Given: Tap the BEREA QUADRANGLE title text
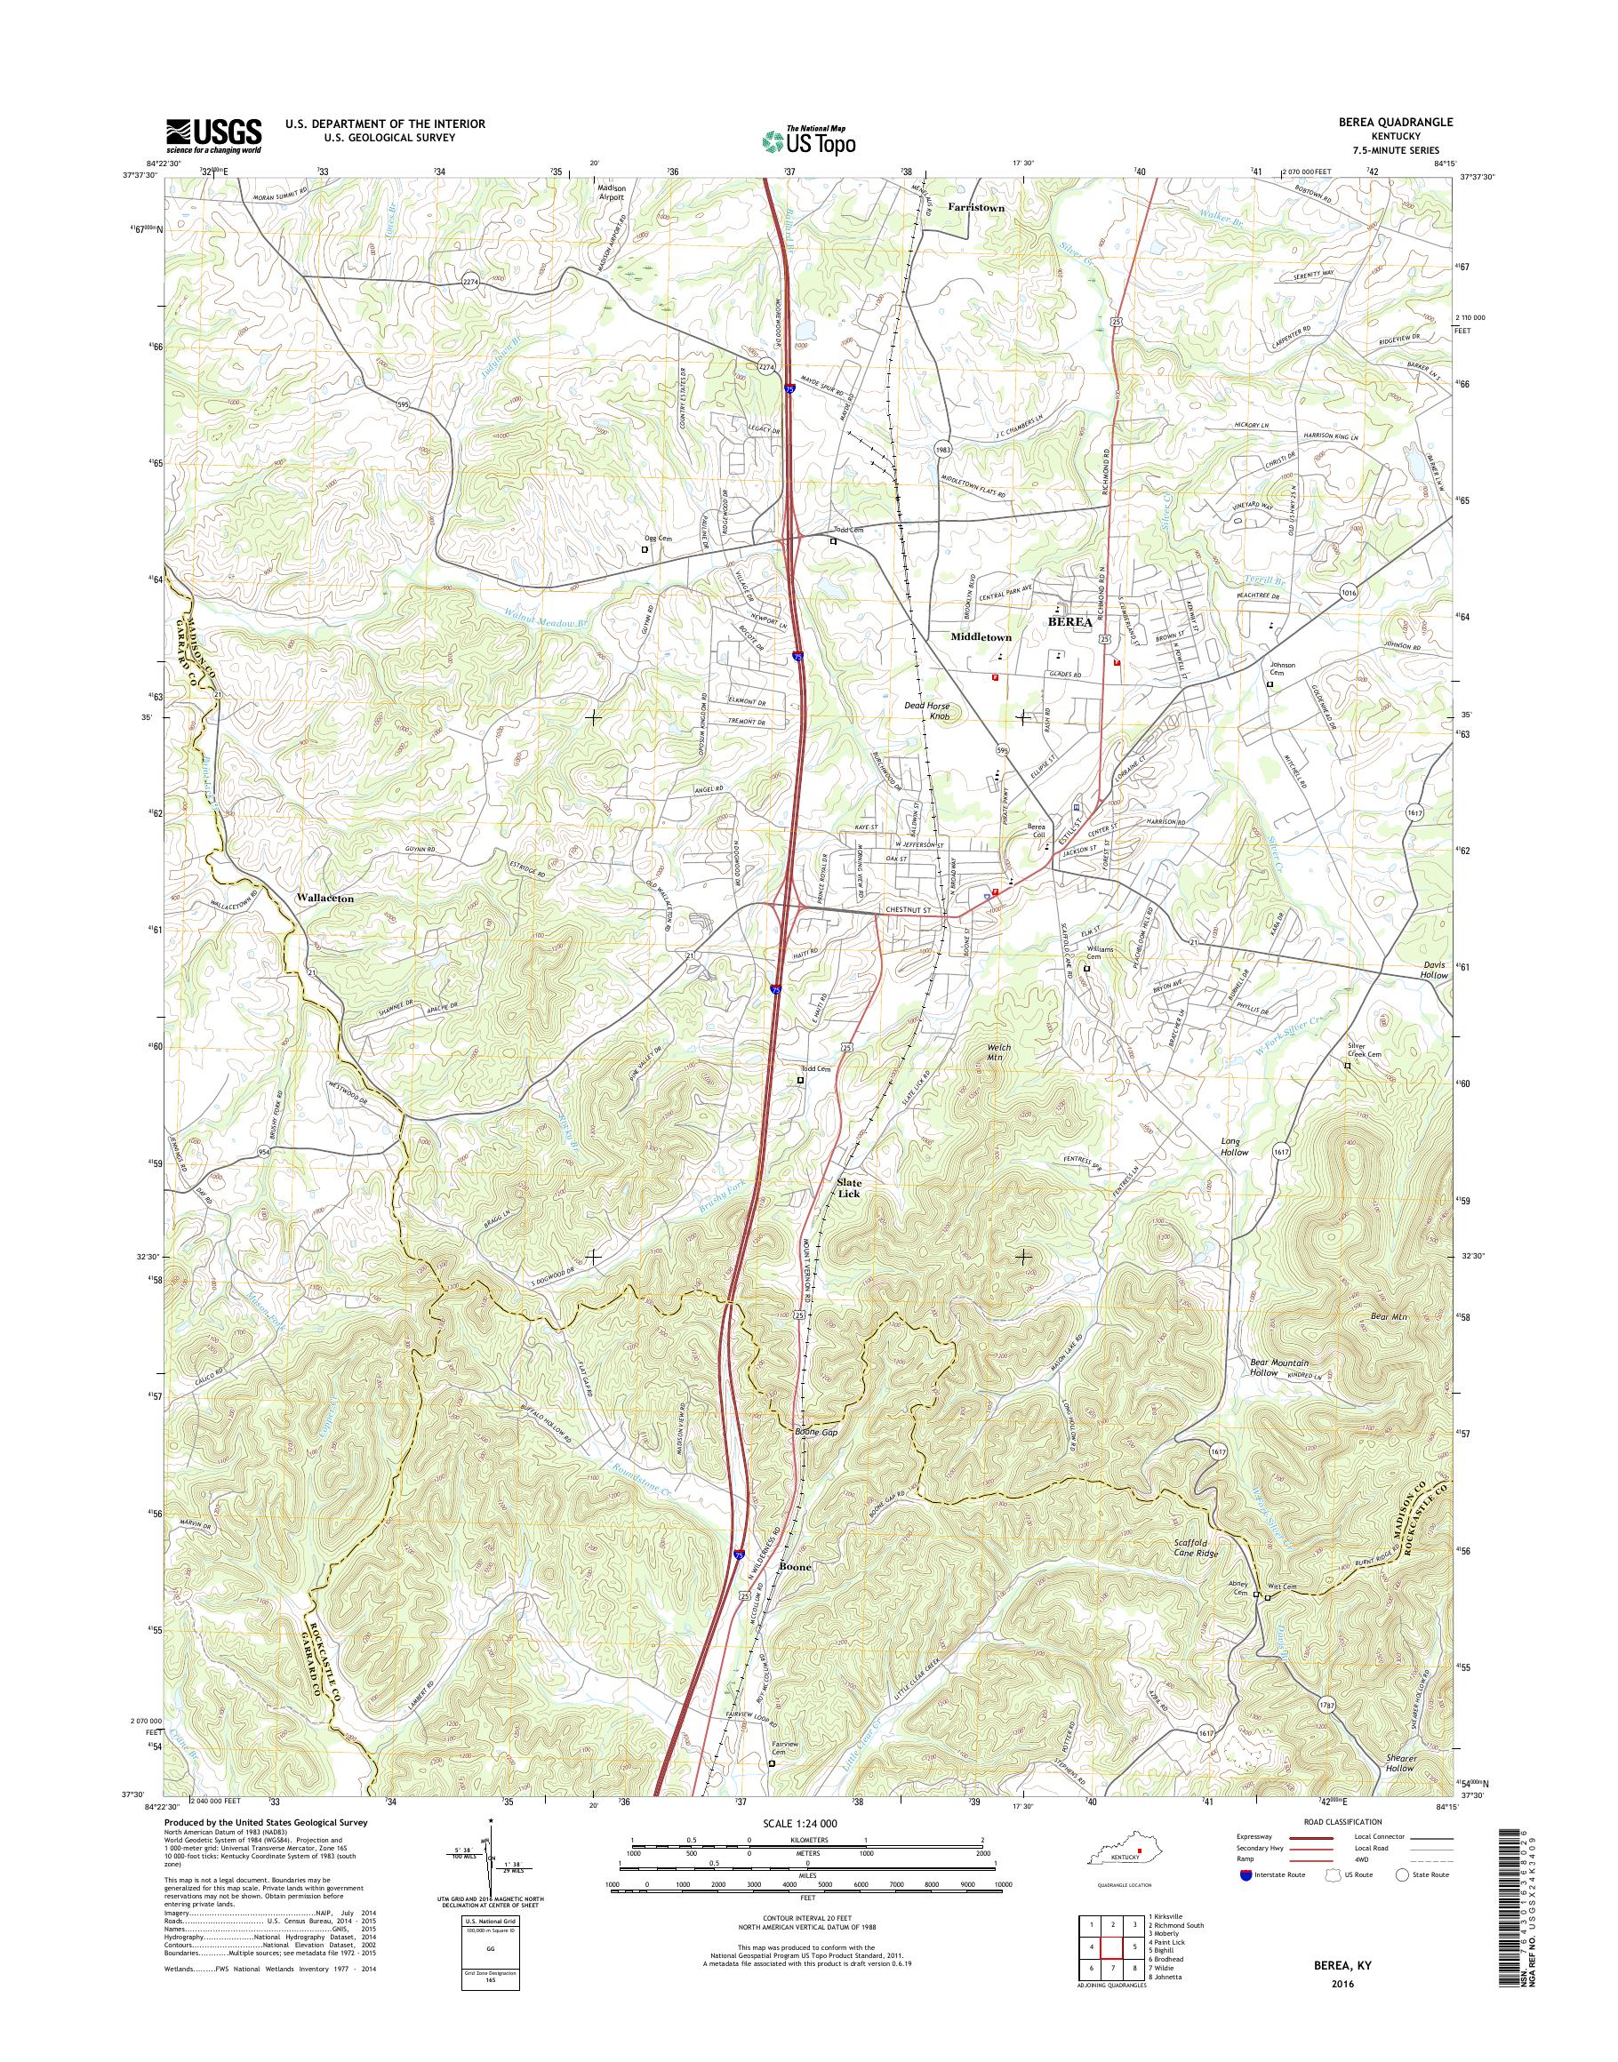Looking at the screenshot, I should tap(1396, 124).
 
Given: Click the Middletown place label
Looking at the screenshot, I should tap(981, 637).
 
